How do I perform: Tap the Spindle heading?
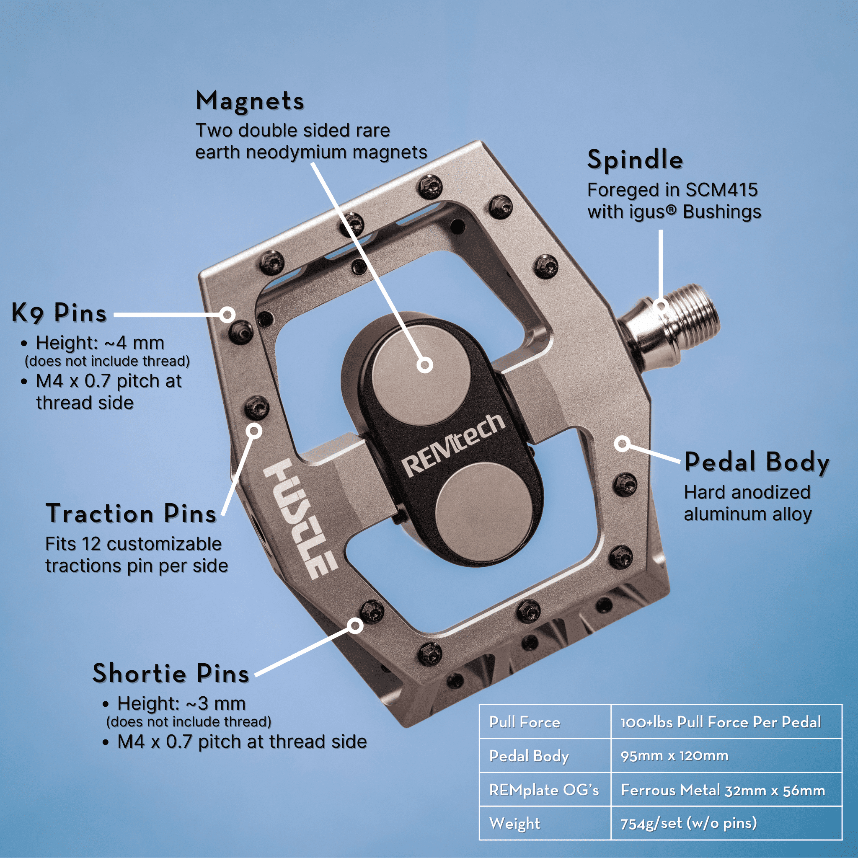pos(635,160)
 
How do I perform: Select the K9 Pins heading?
pos(59,313)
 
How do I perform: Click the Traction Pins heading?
pos(131,514)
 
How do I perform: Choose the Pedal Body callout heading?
pos(757,463)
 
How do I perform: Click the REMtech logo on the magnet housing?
pos(453,445)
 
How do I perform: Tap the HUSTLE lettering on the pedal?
pos(301,518)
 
